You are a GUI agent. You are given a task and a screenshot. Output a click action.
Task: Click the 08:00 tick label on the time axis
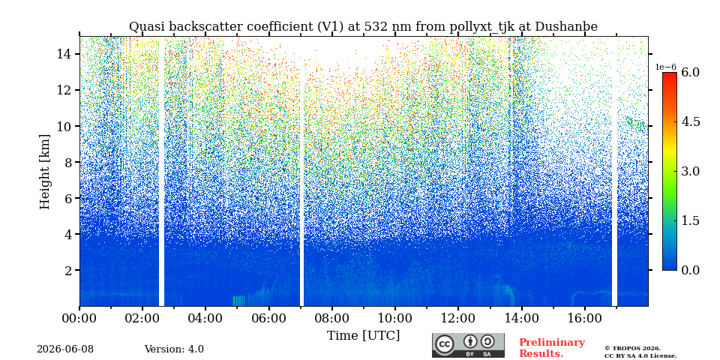[331, 318]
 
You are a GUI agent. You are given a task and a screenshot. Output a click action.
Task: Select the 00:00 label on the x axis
[79, 318]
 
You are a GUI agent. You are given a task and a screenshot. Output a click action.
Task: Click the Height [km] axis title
[44, 172]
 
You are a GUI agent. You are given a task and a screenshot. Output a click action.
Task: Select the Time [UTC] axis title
[363, 336]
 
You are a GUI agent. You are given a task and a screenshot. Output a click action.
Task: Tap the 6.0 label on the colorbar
[690, 72]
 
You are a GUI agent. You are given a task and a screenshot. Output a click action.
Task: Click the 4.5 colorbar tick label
[690, 121]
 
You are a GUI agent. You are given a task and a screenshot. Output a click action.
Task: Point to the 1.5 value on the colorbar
[690, 220]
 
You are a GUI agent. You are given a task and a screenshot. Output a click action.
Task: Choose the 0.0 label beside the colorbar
[690, 270]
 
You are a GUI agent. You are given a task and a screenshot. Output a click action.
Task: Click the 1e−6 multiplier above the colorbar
[665, 67]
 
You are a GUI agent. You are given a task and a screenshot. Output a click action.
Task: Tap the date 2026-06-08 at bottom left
[65, 349]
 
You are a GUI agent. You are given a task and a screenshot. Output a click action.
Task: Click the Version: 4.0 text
[174, 349]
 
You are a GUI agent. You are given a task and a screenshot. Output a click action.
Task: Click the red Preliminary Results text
[552, 348]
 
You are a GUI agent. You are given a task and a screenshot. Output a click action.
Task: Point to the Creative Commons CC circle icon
[445, 344]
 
